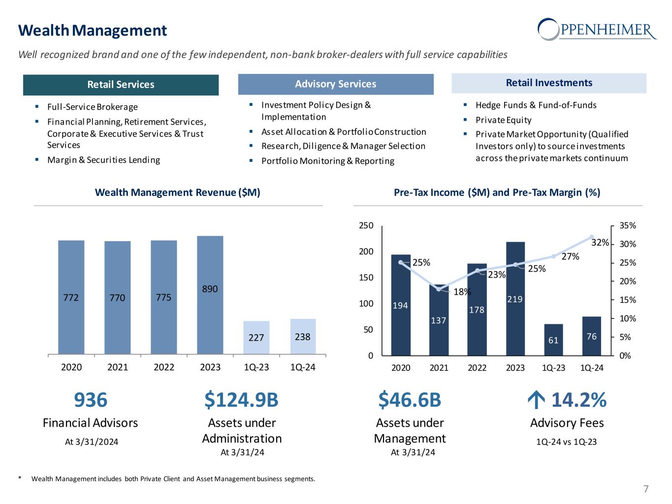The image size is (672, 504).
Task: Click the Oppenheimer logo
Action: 597,29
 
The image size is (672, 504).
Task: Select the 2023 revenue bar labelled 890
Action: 210,295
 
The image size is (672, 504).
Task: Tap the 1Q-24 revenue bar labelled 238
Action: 303,336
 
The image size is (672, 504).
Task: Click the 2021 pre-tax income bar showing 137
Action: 439,320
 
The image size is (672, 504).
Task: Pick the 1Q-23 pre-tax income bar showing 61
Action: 553,339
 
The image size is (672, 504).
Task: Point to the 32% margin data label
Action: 600,243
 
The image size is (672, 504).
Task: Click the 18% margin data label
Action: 462,291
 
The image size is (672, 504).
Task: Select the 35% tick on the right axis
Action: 628,225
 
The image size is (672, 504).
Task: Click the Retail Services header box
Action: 121,85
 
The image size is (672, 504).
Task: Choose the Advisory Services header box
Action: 336,84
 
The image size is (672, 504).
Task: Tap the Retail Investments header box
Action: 549,83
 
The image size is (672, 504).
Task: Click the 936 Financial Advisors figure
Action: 91,400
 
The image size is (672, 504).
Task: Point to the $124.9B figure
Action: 241,400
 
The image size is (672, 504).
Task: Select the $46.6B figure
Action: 410,400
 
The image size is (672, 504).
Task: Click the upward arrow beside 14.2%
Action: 534,401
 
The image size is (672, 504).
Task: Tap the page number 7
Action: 646,489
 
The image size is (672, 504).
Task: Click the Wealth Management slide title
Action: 93,31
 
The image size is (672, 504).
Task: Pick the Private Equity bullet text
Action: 503,120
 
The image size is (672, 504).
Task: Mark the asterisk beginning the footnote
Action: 20,478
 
